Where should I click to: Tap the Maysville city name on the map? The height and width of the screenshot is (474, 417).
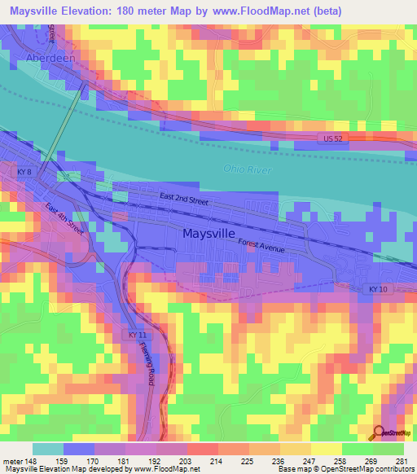click(x=204, y=234)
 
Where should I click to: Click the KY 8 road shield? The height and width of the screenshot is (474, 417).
click(x=24, y=173)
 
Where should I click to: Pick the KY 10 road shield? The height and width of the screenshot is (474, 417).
click(x=373, y=288)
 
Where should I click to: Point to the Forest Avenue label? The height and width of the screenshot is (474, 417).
click(x=261, y=244)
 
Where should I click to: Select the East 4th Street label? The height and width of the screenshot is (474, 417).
click(x=64, y=218)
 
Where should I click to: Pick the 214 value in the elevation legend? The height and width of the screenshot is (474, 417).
click(x=217, y=461)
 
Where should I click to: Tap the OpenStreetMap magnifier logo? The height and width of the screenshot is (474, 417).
click(x=380, y=432)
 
